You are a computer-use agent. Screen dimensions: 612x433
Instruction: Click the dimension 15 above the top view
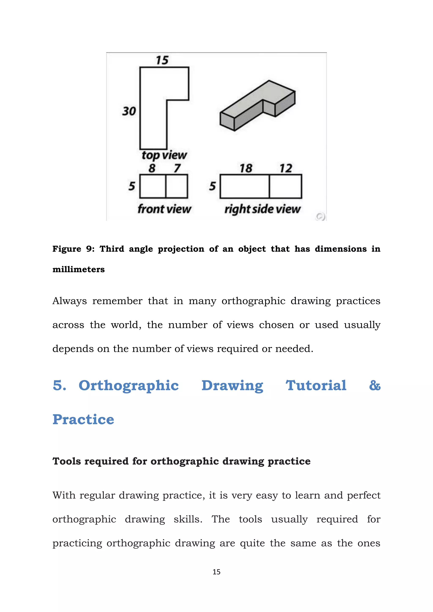162,60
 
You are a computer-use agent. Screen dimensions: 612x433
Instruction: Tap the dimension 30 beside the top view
129,111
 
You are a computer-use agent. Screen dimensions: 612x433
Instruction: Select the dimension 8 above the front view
152,168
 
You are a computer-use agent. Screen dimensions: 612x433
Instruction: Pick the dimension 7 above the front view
177,168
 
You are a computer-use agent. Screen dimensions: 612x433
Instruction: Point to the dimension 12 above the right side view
286,168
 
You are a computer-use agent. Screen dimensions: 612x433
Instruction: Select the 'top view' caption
164,155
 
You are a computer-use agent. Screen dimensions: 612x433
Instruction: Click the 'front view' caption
164,209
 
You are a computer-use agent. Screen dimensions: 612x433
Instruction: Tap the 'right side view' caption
262,209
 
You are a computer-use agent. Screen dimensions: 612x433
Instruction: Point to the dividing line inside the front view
166,186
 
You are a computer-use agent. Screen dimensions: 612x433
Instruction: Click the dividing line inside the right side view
269,186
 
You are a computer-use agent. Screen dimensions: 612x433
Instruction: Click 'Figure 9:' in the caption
73,249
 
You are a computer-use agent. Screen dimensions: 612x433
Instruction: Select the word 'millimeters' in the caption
78,269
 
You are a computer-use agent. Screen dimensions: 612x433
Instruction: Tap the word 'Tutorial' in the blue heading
316,385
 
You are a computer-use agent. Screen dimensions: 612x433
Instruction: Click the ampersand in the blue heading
375,385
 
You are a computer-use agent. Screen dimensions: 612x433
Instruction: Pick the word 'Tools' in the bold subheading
66,461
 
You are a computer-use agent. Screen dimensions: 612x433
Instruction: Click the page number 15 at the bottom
216,572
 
